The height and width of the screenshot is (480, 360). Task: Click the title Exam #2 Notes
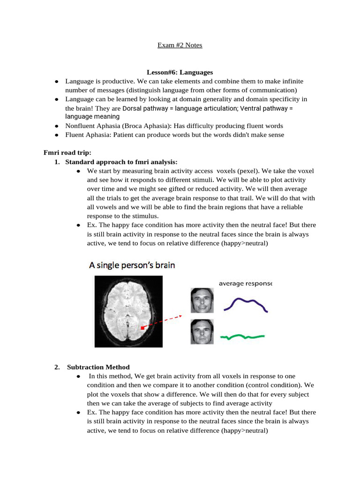coord(180,45)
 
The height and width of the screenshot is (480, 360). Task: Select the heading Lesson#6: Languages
coord(180,72)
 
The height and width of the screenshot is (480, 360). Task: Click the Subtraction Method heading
coord(98,367)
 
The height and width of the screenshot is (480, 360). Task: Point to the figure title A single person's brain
coord(132,265)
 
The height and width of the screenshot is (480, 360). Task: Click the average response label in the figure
coord(245,283)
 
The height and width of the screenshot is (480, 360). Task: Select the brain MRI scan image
coord(128,311)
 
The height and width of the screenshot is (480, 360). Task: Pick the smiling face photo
coord(202,300)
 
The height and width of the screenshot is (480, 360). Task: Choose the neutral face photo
coord(202,332)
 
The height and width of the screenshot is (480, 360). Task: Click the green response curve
coord(244,337)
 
